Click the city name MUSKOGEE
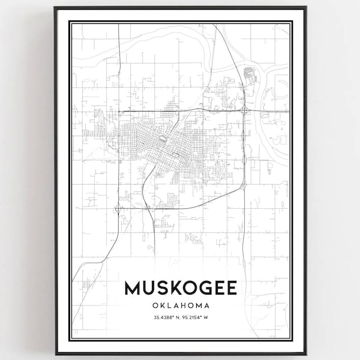pyautogui.click(x=180, y=288)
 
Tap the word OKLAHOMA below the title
pyautogui.click(x=180, y=306)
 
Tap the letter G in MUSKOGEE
pyautogui.click(x=203, y=288)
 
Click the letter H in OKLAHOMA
pyautogui.click(x=181, y=306)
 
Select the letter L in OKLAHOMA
pyautogui.click(x=165, y=306)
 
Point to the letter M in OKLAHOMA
pyautogui.click(x=197, y=306)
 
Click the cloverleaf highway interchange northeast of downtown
pyautogui.click(x=245, y=111)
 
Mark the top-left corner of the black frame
pyautogui.click(x=55, y=7)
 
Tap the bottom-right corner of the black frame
pyautogui.click(x=305, y=353)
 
